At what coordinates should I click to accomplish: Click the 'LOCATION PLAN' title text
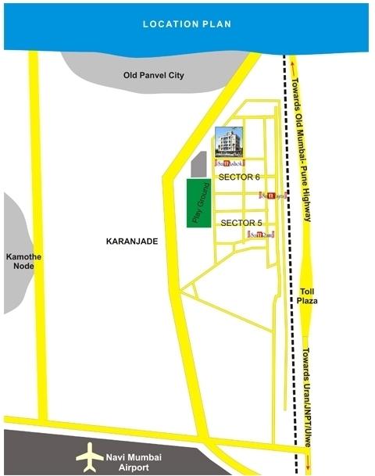(x=187, y=24)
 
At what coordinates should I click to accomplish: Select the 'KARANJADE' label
(x=131, y=242)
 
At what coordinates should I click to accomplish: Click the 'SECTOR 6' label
(x=239, y=177)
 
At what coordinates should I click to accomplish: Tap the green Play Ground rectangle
(x=198, y=203)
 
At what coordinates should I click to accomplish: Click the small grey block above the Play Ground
(x=198, y=165)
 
